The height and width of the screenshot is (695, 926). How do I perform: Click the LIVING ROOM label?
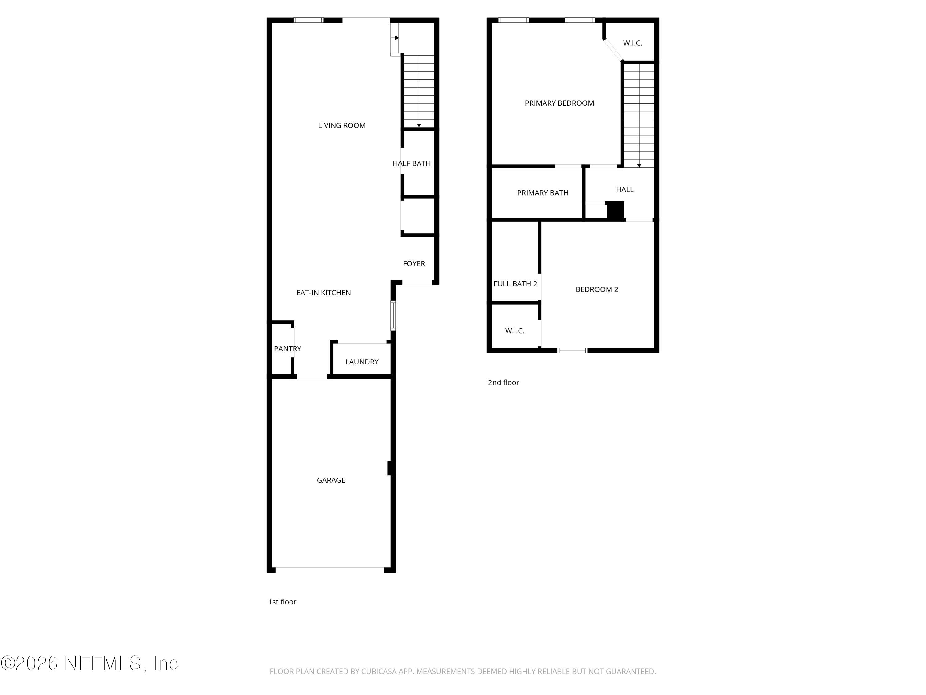[x=342, y=125]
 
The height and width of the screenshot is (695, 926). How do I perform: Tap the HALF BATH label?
[x=411, y=163]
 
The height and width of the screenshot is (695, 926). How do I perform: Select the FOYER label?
[x=414, y=263]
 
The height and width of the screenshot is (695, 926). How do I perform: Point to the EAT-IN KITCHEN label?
[x=323, y=293]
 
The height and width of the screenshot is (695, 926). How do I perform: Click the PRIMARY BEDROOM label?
[x=559, y=103]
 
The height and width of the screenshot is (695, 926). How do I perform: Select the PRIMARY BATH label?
[x=543, y=193]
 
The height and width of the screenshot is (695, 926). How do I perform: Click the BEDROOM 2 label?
[x=597, y=289]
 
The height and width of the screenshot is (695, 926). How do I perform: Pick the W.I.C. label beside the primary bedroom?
[x=632, y=43]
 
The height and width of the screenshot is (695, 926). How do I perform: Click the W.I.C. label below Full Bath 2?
[x=515, y=331]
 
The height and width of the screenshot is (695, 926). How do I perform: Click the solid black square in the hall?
[x=615, y=211]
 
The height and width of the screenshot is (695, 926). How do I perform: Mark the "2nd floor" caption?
[x=503, y=382]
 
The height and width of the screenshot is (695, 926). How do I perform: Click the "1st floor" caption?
[x=282, y=602]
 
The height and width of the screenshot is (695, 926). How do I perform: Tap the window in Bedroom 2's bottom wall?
[x=572, y=351]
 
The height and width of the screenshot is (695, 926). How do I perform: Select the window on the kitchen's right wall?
[x=393, y=315]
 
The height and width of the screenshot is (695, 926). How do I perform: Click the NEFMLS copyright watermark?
[x=89, y=663]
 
